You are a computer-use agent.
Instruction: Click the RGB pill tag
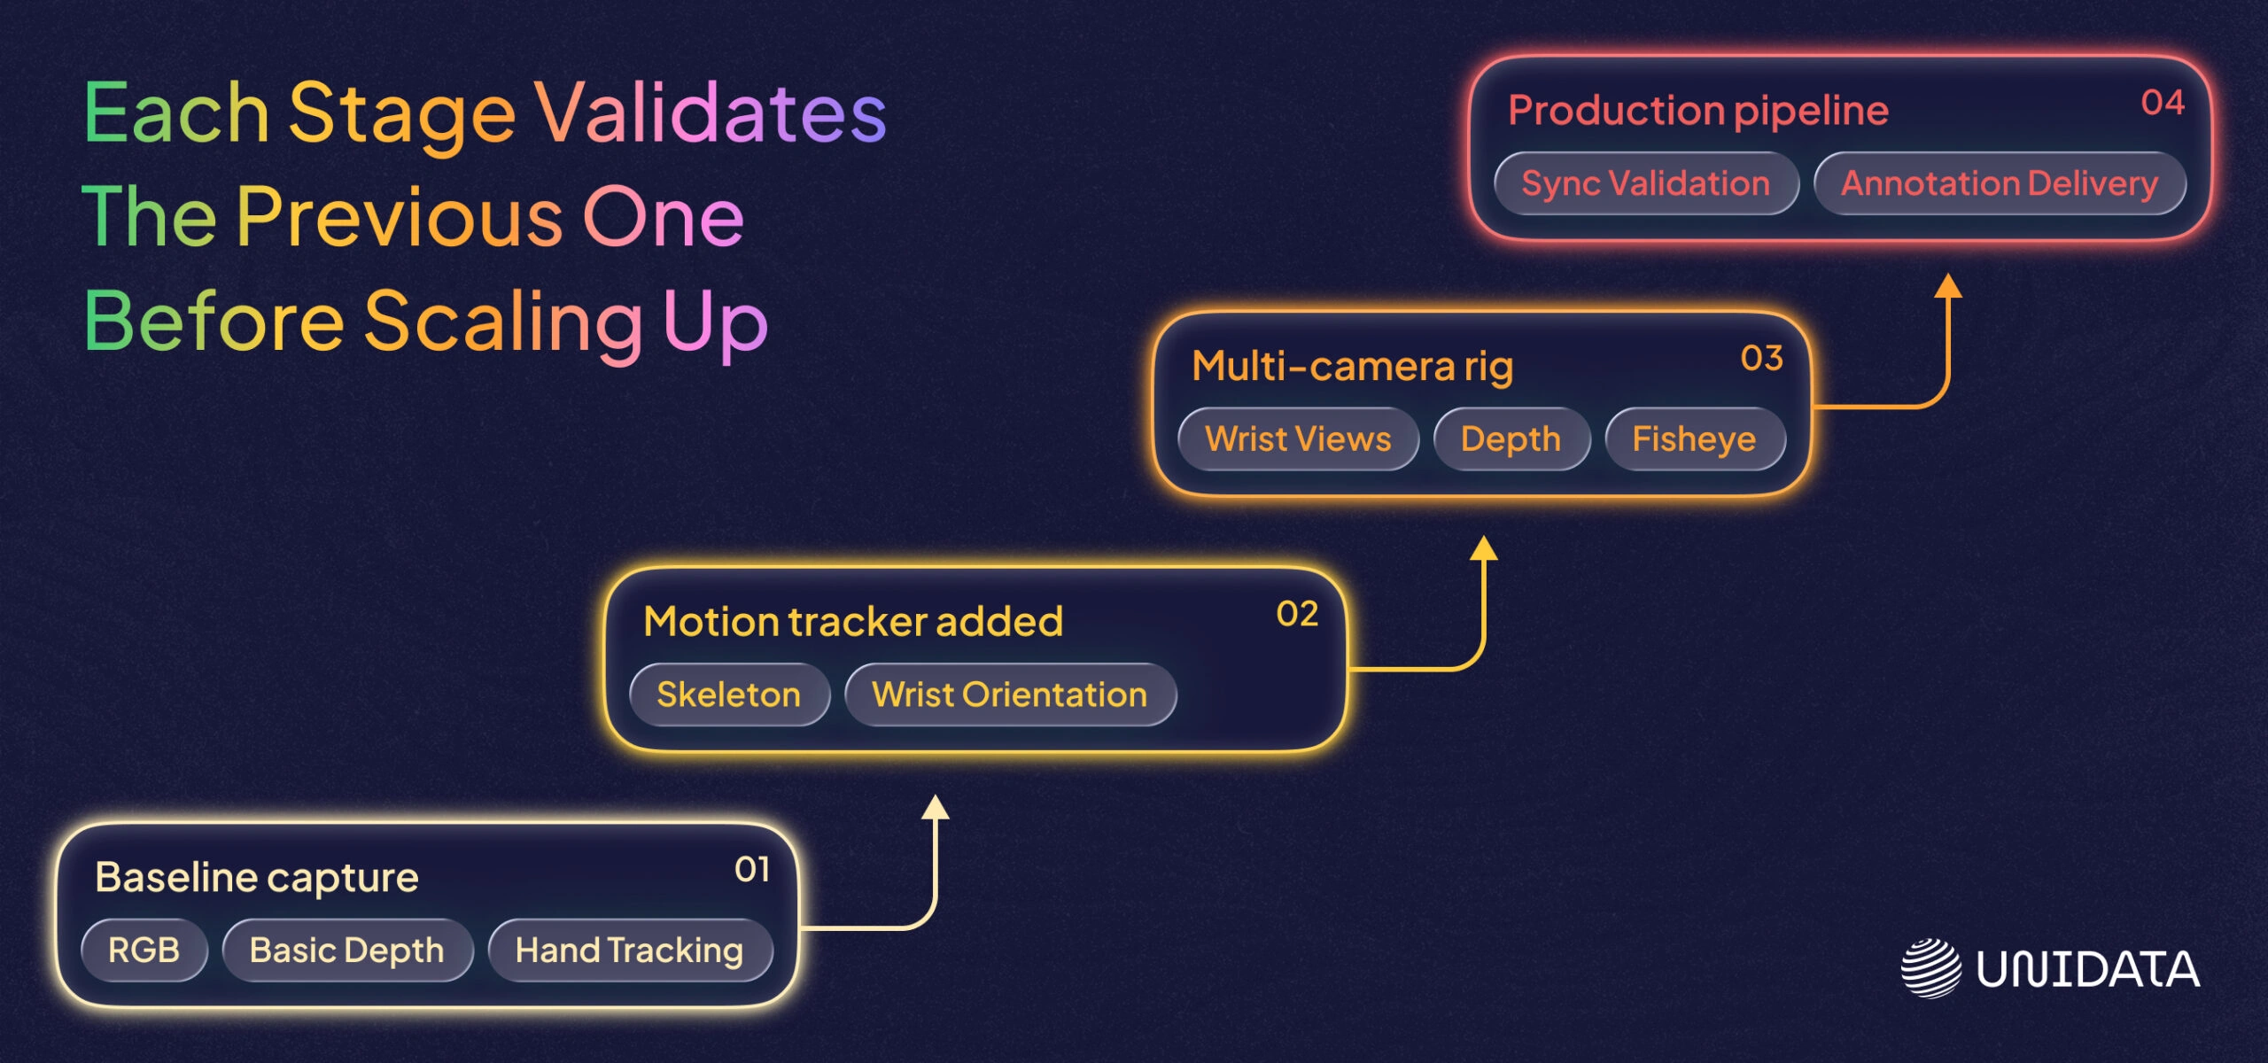click(144, 950)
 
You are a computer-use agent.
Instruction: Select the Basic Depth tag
click(347, 950)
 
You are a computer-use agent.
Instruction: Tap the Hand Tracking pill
click(629, 950)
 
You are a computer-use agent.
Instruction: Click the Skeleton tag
click(728, 694)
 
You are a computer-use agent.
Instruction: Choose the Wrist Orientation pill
click(1009, 694)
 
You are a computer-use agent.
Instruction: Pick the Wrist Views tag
click(1298, 439)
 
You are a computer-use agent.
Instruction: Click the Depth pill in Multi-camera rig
click(1511, 439)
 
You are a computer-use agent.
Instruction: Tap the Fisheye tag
click(1694, 439)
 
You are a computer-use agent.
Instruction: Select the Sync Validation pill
click(1645, 183)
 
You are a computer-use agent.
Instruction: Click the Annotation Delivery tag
click(2000, 183)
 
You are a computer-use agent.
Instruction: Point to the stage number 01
click(752, 869)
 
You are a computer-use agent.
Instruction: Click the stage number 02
click(1297, 614)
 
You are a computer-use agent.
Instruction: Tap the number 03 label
click(1761, 358)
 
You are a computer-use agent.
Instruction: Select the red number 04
click(2163, 103)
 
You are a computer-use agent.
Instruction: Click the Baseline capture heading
click(257, 878)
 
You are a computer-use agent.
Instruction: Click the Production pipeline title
click(1698, 111)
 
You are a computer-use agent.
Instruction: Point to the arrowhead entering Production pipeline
click(1947, 285)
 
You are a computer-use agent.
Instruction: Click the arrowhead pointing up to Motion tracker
click(935, 807)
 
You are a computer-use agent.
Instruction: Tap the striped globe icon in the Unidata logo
click(1930, 968)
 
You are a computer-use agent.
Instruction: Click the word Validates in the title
click(710, 113)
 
